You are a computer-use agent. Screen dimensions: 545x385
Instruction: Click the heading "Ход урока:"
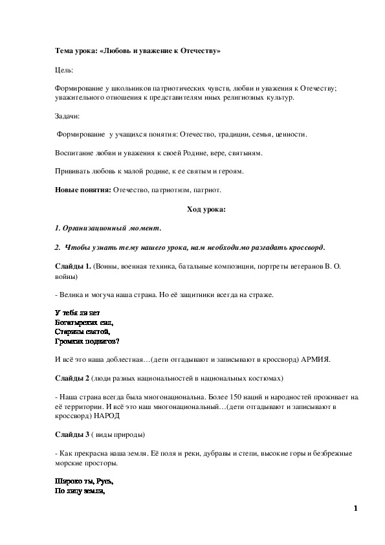point(206,209)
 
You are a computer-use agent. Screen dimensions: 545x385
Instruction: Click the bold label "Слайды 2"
point(72,377)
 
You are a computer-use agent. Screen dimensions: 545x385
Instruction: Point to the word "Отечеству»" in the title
point(198,50)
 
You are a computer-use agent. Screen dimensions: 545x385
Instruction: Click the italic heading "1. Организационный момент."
point(108,228)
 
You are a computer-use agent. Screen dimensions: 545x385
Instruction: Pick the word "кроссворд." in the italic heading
point(303,248)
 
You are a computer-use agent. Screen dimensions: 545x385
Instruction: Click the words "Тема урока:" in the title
point(74,50)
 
